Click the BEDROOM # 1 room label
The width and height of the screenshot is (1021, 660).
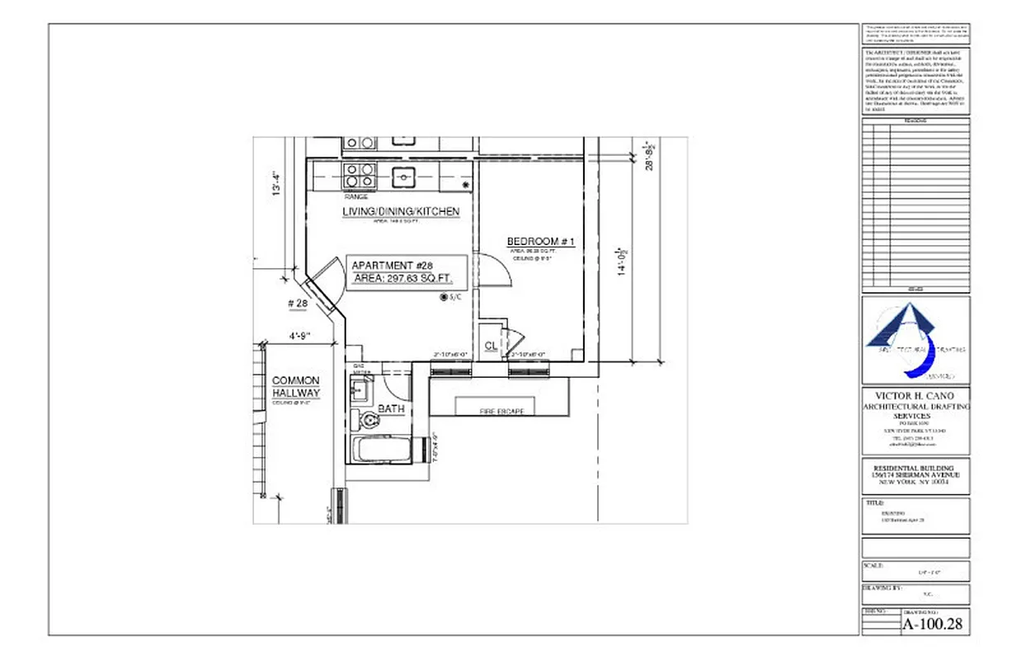(540, 241)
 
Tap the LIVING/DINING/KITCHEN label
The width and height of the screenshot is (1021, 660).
(401, 212)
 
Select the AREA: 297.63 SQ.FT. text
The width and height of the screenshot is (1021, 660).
(403, 279)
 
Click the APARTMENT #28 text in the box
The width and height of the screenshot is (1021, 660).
(392, 266)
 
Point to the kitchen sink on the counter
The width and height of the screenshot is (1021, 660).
(403, 175)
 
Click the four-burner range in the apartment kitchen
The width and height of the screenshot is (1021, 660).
(360, 176)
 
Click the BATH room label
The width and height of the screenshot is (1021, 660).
(390, 408)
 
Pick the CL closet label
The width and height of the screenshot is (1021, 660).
(491, 346)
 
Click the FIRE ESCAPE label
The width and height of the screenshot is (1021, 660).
(501, 410)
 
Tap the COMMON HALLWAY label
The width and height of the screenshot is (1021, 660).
(296, 387)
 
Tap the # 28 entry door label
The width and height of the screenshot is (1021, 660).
(298, 304)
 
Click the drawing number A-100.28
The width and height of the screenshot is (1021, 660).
(933, 625)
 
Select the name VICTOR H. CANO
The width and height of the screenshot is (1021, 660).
(915, 396)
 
